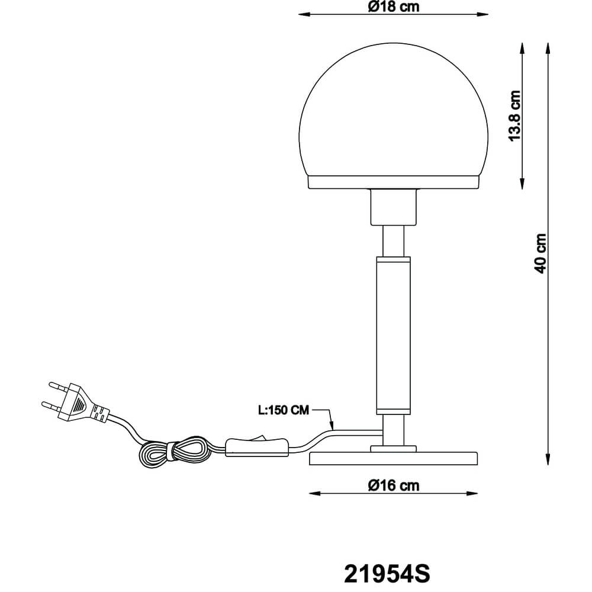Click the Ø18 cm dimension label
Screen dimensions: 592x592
coord(393,7)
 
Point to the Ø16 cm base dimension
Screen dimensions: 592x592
coord(393,485)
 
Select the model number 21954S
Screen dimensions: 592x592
coord(387,573)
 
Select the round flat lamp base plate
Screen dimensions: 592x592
coord(394,459)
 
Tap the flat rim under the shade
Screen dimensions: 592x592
coord(394,182)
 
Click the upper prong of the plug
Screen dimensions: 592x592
coord(54,385)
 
